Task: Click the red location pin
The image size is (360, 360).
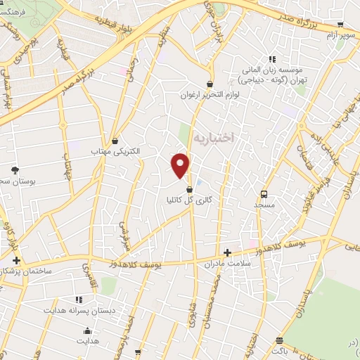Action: pos(181,165)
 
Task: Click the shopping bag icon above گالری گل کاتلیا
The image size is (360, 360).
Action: pos(188,189)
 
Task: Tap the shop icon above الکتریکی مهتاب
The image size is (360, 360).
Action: pos(115,140)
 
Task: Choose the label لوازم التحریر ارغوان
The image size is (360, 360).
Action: pos(210,94)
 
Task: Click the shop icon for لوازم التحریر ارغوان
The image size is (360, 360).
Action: pos(210,83)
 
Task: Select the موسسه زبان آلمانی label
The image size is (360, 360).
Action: pos(270,71)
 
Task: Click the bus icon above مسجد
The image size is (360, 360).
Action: pos(264,193)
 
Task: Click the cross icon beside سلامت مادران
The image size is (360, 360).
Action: pos(226,252)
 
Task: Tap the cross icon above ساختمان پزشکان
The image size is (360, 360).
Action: pos(16,260)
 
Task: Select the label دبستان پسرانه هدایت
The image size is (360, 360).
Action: pos(75,309)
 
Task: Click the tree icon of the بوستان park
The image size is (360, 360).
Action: pos(15,170)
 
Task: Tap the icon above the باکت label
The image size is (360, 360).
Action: pos(280,340)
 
